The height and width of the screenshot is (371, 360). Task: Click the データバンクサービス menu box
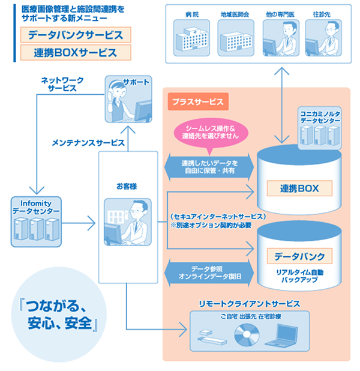pos(76,34)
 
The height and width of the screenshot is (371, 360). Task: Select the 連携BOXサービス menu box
pos(76,53)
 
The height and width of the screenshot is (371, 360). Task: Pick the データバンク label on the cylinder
pos(299,256)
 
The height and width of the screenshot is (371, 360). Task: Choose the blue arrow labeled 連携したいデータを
pos(209,167)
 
